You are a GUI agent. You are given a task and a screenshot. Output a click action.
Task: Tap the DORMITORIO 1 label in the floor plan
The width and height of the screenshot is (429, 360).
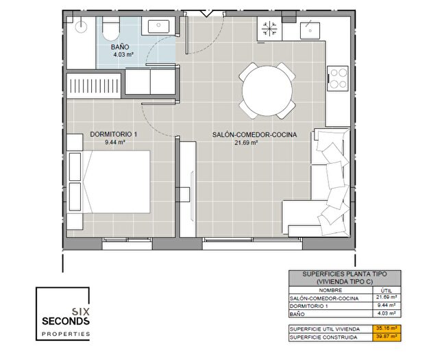pyautogui.click(x=114, y=135)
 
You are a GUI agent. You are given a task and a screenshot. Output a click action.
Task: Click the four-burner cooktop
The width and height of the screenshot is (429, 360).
pyautogui.click(x=338, y=77)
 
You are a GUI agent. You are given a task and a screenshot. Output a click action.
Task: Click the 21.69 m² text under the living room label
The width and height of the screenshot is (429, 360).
pyautogui.click(x=246, y=143)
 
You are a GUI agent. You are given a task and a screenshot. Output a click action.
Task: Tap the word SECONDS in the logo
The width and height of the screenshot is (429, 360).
pyautogui.click(x=66, y=321)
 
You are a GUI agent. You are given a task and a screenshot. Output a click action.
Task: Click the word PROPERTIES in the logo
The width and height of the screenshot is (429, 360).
pyautogui.click(x=66, y=333)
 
